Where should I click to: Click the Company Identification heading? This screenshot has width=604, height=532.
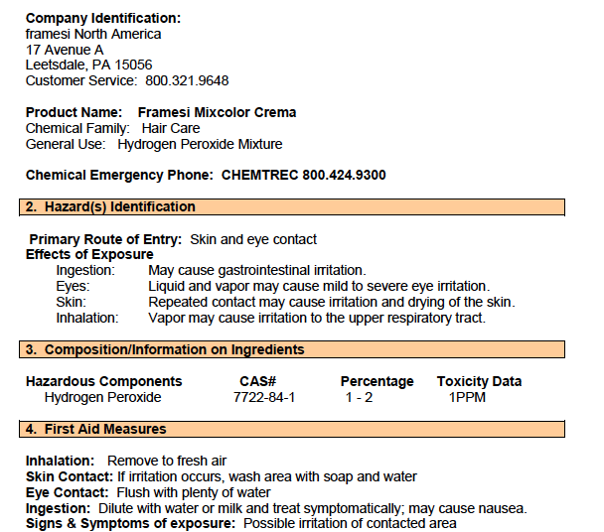(103, 18)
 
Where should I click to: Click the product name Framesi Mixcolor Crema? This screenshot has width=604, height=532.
(217, 112)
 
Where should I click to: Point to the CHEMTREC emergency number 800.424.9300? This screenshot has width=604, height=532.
(344, 175)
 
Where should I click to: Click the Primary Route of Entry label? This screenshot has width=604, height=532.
(105, 239)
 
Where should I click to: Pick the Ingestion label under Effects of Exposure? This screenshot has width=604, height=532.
(85, 270)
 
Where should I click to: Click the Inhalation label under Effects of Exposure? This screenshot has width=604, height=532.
(87, 318)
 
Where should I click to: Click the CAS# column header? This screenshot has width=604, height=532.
(258, 381)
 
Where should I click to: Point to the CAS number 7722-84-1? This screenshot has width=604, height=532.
(264, 397)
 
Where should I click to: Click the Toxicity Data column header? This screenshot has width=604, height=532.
(479, 381)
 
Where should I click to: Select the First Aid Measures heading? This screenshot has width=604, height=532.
(105, 430)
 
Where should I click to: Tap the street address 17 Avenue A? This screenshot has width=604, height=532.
(65, 50)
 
